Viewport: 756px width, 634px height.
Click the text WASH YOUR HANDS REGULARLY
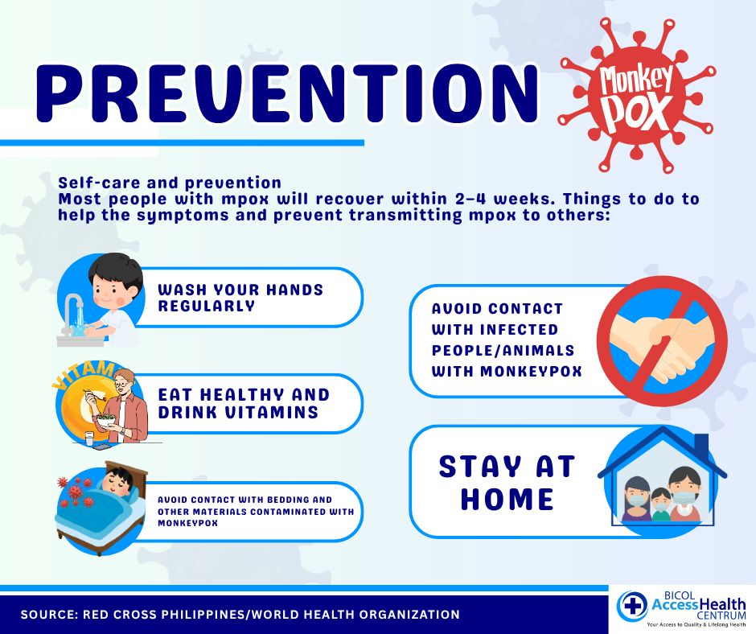(x=240, y=298)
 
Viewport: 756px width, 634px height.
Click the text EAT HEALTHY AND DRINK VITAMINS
(x=244, y=403)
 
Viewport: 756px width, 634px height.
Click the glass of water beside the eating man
(x=90, y=439)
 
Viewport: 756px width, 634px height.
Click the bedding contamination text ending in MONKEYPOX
(x=256, y=512)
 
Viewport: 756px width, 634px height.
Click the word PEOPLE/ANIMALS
(x=503, y=350)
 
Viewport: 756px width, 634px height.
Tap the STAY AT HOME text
(x=507, y=483)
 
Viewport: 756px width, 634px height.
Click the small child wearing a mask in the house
(x=660, y=504)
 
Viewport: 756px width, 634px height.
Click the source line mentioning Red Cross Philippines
(x=240, y=615)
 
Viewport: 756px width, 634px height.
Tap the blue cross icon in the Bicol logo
(x=632, y=605)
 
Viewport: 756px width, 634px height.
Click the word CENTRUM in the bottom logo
(x=721, y=615)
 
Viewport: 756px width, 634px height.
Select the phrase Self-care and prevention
(x=170, y=183)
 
